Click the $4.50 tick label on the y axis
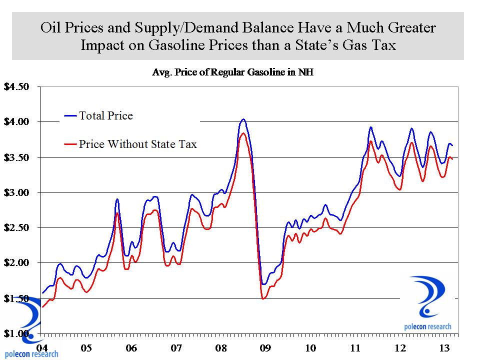(17, 86)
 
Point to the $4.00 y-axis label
(17, 121)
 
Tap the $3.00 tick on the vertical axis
(17, 192)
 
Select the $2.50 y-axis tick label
(17, 227)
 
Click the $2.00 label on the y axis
(17, 262)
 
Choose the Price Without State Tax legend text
(138, 144)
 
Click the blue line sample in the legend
(69, 116)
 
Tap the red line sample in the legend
(69, 145)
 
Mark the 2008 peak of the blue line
(243, 119)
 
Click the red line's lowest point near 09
(263, 298)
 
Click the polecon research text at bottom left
(29, 354)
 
